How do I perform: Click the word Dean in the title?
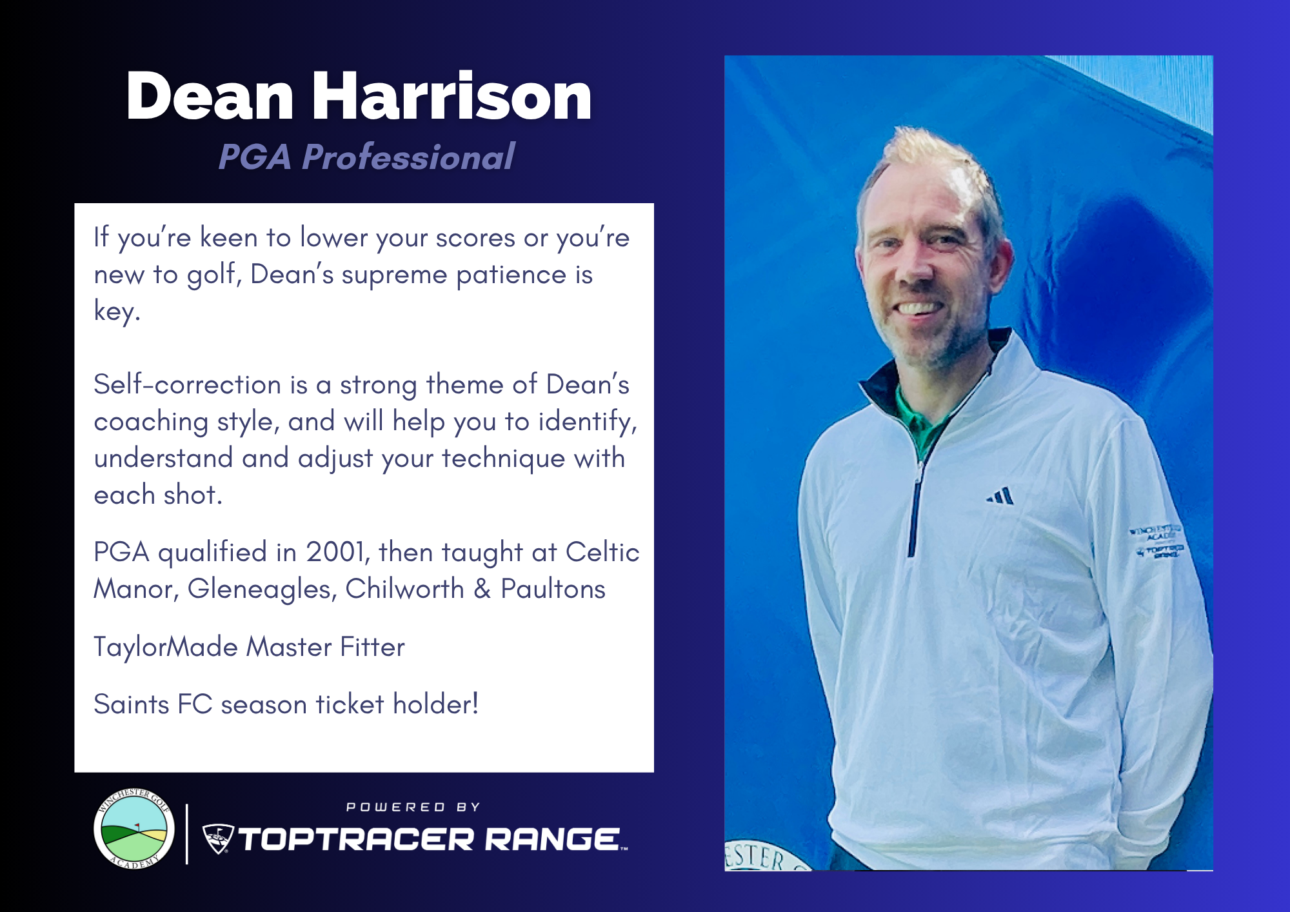pyautogui.click(x=210, y=96)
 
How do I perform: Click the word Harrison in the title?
pyautogui.click(x=452, y=96)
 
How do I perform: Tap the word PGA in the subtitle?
pyautogui.click(x=255, y=157)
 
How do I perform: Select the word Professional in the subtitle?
pyautogui.click(x=408, y=157)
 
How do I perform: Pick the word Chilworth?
pyautogui.click(x=404, y=589)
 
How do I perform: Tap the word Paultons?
pyautogui.click(x=553, y=589)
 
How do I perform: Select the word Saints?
pyautogui.click(x=132, y=704)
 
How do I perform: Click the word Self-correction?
pyautogui.click(x=188, y=384)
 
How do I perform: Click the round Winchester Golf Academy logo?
pyautogui.click(x=134, y=829)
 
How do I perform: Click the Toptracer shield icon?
pyautogui.click(x=218, y=838)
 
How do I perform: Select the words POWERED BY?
pyautogui.click(x=413, y=808)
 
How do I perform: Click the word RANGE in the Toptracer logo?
pyautogui.click(x=552, y=839)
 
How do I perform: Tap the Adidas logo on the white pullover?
pyautogui.click(x=1000, y=496)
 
